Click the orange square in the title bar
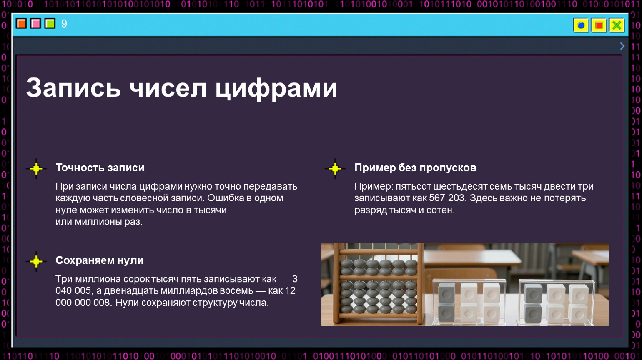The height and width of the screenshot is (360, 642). [x=21, y=23]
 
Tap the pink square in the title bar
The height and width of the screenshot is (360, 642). [x=35, y=23]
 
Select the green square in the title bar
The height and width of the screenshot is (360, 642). [x=50, y=23]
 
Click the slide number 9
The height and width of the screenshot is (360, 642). [x=64, y=23]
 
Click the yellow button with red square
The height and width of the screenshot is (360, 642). [x=599, y=25]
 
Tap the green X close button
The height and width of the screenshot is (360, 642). [x=617, y=25]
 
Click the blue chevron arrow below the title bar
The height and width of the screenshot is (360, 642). [x=622, y=46]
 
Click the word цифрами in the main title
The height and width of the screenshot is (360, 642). [x=276, y=88]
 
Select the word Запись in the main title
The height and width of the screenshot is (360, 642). [x=73, y=87]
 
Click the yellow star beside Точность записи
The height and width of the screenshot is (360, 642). [x=36, y=169]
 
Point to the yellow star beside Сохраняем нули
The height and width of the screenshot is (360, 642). [x=36, y=261]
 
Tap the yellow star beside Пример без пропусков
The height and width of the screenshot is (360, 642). [x=335, y=169]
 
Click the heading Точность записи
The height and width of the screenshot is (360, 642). [x=100, y=168]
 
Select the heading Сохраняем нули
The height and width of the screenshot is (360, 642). [x=100, y=260]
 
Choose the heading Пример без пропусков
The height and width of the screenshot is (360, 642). [x=415, y=168]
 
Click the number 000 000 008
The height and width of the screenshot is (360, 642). [x=83, y=303]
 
